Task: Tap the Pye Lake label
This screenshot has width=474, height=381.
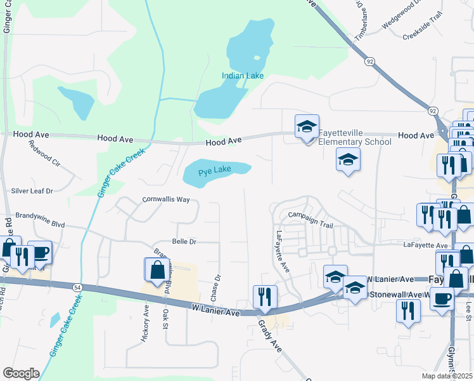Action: coord(215,171)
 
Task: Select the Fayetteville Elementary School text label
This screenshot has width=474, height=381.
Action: coord(354,137)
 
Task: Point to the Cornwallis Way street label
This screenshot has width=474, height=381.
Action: coord(166,199)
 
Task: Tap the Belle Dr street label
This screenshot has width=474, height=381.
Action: coord(184,242)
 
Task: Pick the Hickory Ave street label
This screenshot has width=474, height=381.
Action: coord(145,324)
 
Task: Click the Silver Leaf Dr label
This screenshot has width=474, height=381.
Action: coord(32,190)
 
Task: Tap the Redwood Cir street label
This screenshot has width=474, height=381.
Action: coord(44,154)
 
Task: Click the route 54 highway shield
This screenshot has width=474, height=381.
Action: coord(75,287)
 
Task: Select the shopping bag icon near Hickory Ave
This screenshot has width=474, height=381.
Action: coord(157,271)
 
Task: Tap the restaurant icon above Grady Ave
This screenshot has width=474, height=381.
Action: coord(265,297)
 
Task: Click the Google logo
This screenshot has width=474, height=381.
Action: coord(21,373)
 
